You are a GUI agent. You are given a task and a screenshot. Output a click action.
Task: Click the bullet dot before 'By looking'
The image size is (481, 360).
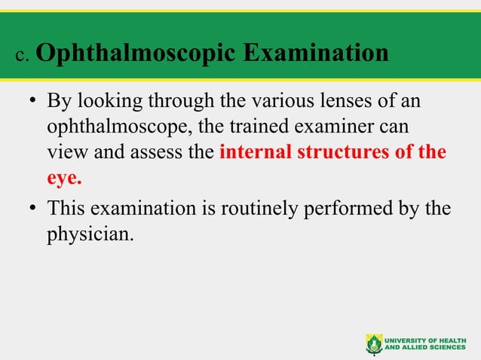[33, 102]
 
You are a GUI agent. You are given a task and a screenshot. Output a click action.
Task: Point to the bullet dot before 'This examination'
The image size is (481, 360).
[33, 209]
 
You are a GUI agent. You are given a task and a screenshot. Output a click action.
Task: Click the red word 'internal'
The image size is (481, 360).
[252, 153]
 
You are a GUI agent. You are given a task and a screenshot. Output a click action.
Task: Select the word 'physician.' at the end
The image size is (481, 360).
[90, 233]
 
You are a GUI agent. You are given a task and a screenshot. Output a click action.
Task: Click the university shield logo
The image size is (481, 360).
[374, 343]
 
